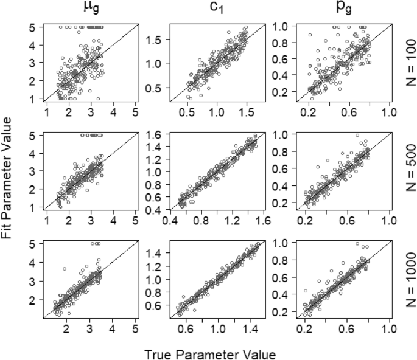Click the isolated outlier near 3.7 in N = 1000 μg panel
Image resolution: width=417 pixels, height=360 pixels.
point(63,268)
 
